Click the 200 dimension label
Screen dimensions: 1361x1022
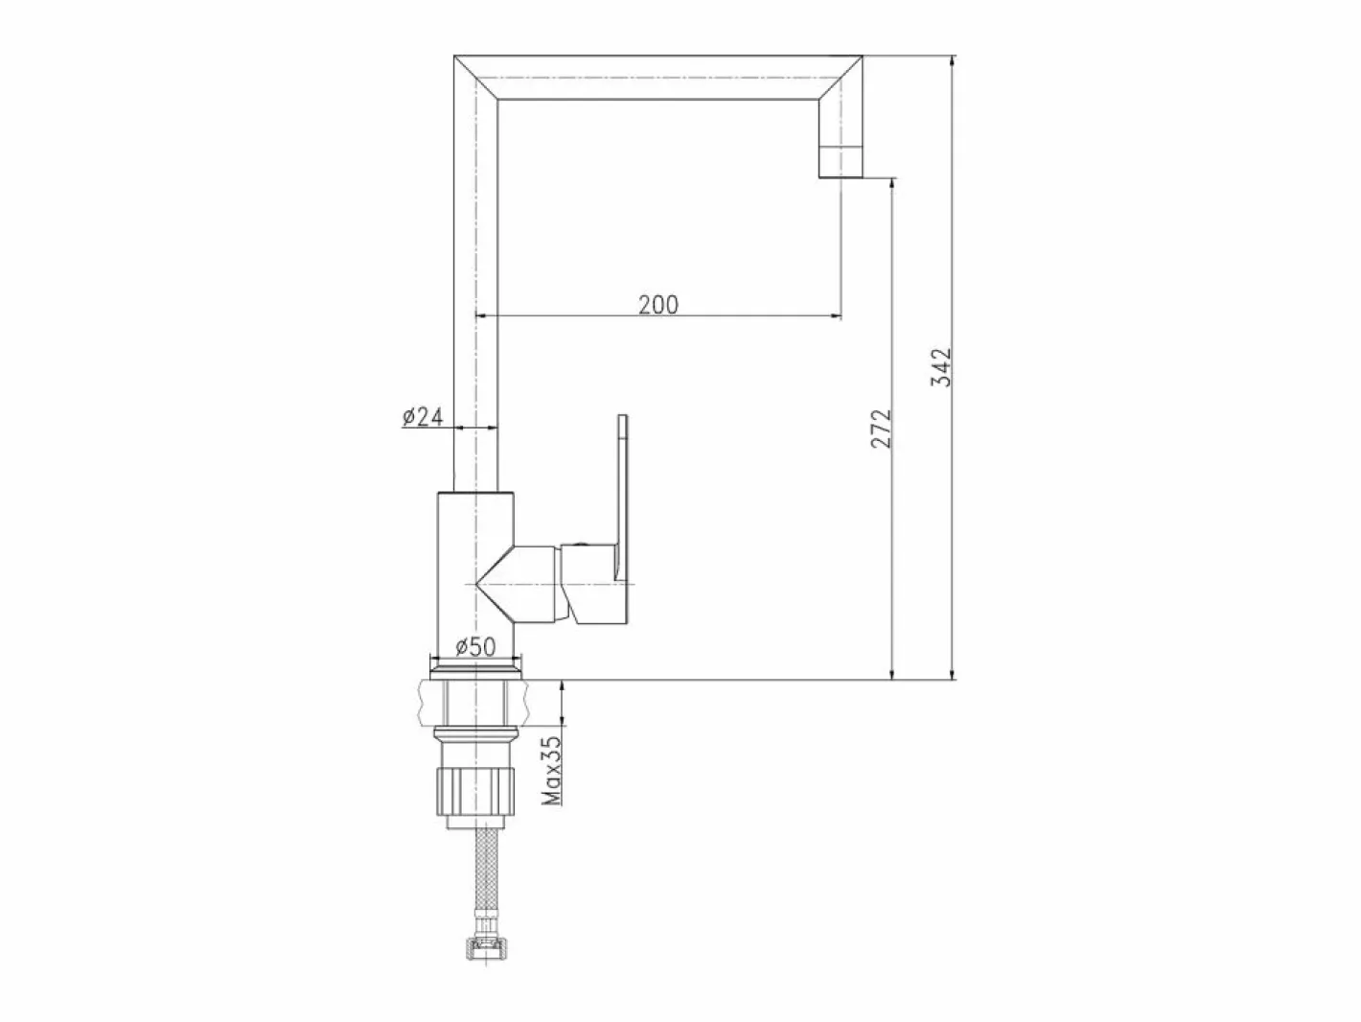pyautogui.click(x=658, y=305)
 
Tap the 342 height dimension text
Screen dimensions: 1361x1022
pyautogui.click(x=941, y=367)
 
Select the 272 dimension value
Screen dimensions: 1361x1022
pyautogui.click(x=881, y=429)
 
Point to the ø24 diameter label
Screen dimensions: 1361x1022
pyautogui.click(x=423, y=417)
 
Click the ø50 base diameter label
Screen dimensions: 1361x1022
pyautogui.click(x=475, y=647)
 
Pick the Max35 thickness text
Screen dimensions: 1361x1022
pyautogui.click(x=551, y=770)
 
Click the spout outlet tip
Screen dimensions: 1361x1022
pyautogui.click(x=841, y=176)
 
